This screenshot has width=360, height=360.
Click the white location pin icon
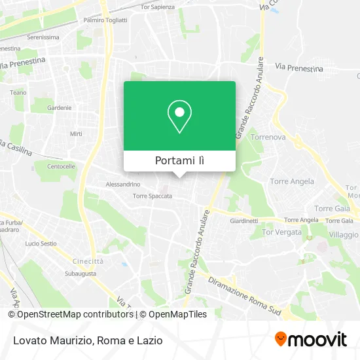point(179,116)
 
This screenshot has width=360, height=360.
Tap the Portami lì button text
point(179,160)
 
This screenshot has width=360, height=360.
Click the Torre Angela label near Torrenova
point(292,181)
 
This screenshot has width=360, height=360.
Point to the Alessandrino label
point(123,185)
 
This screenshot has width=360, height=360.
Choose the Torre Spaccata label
point(152,196)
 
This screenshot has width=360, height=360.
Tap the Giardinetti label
point(244,221)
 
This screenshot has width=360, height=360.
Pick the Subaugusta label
point(81,273)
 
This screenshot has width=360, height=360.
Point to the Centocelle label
point(61,166)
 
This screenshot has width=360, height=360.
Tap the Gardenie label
point(59,108)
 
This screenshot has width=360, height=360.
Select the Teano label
point(18,93)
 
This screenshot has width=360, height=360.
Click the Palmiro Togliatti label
point(105,20)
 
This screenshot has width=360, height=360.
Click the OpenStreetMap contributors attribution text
point(75,314)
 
